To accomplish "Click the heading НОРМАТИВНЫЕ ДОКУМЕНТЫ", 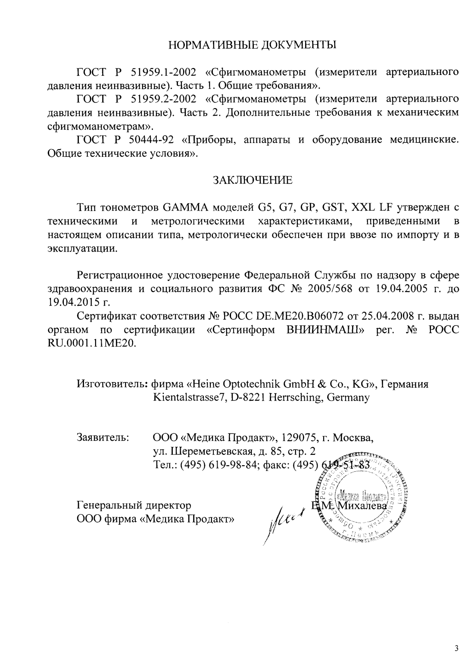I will pyautogui.click(x=252, y=45).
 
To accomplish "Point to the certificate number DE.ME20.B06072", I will pyautogui.click(x=298, y=316).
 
